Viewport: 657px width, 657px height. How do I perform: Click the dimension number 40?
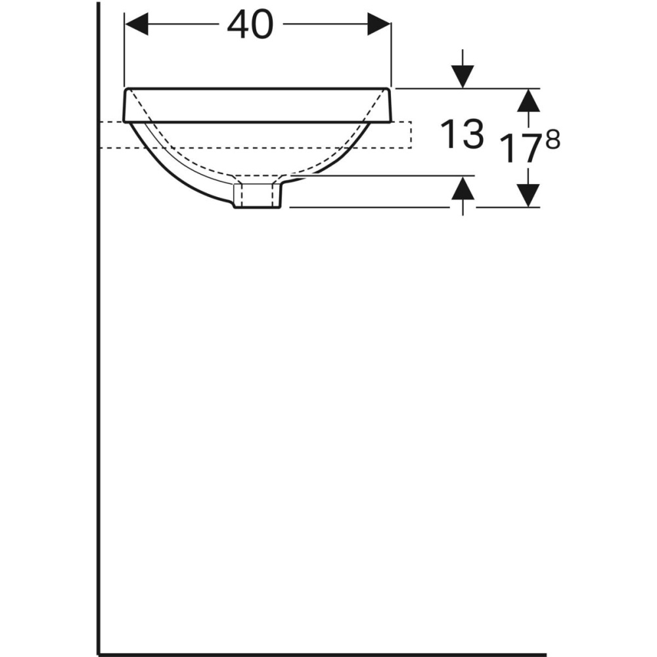pos(250,26)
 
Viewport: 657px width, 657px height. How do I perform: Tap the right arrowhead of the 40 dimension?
pos(379,26)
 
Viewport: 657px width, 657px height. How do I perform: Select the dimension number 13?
pos(462,135)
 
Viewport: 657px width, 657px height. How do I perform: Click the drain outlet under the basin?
pos(258,195)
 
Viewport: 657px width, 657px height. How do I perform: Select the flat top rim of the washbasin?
pos(258,104)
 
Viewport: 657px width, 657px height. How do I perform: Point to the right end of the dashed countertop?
pos(411,135)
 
